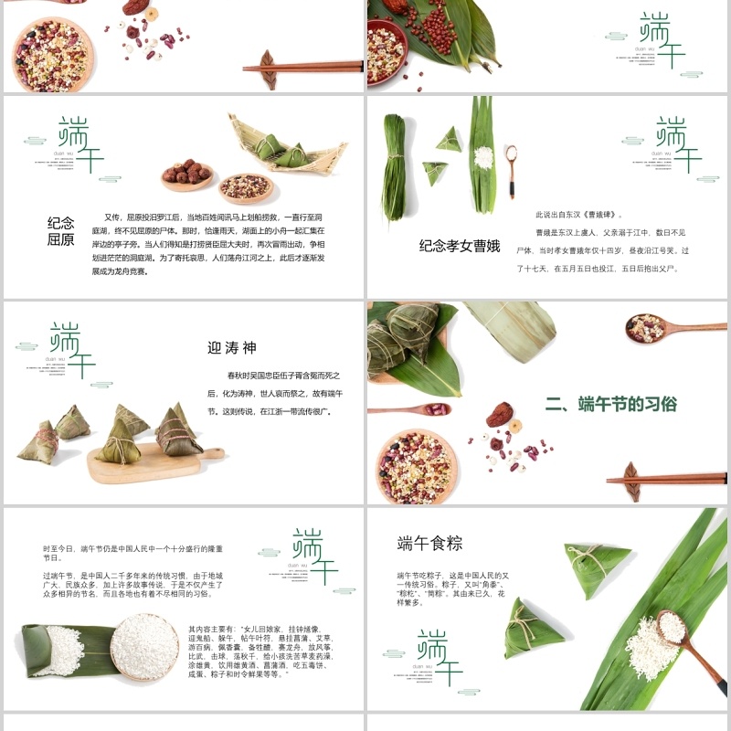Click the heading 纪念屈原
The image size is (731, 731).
(x=61, y=231)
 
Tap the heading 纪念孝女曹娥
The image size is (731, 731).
(x=460, y=246)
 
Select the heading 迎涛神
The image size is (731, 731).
(x=232, y=347)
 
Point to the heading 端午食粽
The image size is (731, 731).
(x=429, y=544)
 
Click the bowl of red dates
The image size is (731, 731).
(x=187, y=174)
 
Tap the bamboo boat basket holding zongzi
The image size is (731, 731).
(x=287, y=146)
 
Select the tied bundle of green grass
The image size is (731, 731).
(x=395, y=169)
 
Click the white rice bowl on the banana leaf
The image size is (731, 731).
(x=144, y=646)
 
